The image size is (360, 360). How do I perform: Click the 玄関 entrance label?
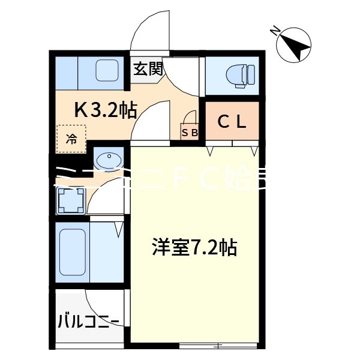click(x=148, y=68)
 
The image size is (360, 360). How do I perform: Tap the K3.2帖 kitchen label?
click(x=106, y=110)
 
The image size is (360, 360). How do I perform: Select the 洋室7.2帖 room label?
click(x=193, y=247)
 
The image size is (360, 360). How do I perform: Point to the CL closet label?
click(x=232, y=122)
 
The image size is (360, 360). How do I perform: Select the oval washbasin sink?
click(x=109, y=161)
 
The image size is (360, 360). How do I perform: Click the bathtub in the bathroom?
click(x=73, y=252)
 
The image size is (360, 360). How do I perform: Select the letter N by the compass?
click(x=275, y=31)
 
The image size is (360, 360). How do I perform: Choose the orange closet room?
click(x=233, y=122)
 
